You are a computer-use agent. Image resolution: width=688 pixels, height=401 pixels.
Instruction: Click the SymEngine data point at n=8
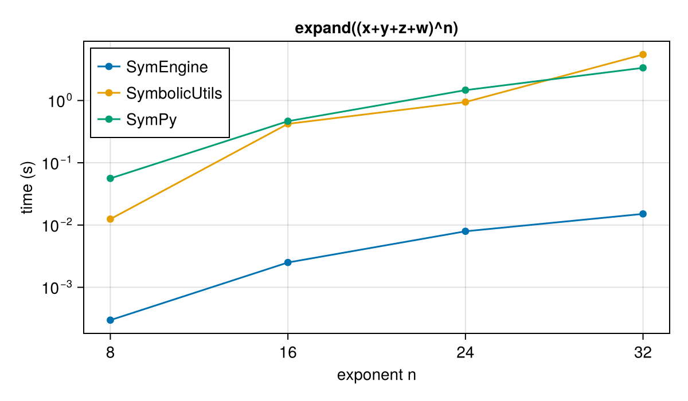[x=110, y=320]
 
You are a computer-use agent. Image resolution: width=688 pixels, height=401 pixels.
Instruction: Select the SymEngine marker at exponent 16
[x=288, y=262]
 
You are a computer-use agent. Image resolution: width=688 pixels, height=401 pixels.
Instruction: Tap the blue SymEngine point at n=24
[x=466, y=231]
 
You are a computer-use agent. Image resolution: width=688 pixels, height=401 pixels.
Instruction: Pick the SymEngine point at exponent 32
[x=643, y=214]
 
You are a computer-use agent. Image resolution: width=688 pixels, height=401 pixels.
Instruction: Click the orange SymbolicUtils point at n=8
[x=110, y=219]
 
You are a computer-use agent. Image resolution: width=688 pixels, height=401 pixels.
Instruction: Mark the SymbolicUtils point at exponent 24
[x=466, y=102]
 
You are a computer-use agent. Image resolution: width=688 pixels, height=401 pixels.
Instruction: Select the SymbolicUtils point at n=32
[x=643, y=54]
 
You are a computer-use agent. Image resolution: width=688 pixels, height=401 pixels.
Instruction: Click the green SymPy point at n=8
[x=110, y=178]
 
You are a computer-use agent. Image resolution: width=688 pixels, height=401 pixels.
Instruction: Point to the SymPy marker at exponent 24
[x=466, y=90]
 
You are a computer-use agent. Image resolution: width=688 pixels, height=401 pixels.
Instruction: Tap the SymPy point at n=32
[x=643, y=68]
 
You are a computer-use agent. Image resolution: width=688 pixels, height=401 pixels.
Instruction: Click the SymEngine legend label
[x=167, y=67]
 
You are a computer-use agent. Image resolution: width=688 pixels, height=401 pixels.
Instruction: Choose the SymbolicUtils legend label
[x=174, y=93]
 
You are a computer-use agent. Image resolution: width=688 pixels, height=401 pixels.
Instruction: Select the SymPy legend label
[x=151, y=120]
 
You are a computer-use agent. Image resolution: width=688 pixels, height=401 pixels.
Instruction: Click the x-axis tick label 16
[x=288, y=352]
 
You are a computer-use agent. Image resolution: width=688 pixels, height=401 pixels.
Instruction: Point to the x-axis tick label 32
[x=643, y=352]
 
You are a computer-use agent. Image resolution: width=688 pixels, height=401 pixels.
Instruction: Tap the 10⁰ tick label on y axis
[x=60, y=101]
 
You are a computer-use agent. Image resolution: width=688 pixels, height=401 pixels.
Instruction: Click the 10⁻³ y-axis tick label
[x=57, y=288]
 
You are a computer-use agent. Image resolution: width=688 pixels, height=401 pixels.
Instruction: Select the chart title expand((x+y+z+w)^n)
[x=377, y=28]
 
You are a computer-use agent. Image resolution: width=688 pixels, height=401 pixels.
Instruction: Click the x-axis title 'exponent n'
[x=377, y=375]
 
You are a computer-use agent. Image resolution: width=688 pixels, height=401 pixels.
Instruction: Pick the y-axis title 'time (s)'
[x=27, y=187]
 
